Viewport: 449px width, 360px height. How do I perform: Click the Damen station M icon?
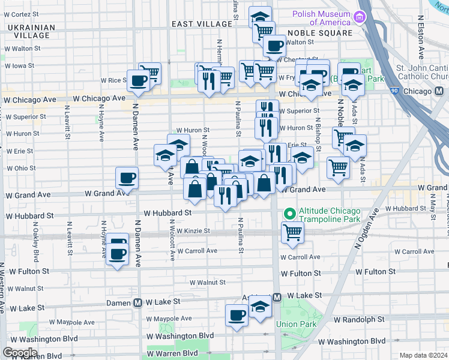point(137,303)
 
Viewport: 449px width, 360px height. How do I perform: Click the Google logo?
point(20,352)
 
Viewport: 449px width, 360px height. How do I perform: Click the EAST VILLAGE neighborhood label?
point(201,23)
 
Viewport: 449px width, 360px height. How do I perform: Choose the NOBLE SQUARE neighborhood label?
point(319,33)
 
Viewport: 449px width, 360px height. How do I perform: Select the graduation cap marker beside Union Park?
point(260,306)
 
